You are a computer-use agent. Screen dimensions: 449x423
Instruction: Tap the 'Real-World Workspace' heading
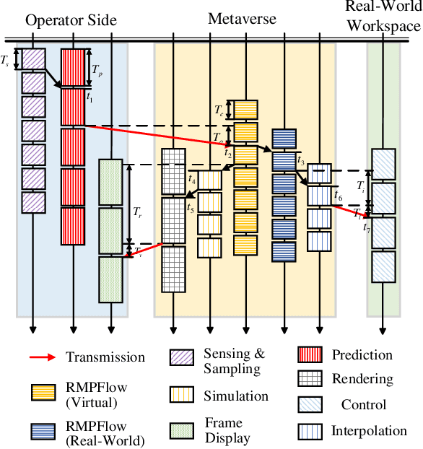[382, 17]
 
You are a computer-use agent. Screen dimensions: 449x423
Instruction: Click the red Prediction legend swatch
[308, 355]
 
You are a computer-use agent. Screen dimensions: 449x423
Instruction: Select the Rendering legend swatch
[308, 379]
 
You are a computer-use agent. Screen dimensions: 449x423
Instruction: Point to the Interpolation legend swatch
[308, 432]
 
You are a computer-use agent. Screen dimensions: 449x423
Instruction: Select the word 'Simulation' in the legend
[235, 396]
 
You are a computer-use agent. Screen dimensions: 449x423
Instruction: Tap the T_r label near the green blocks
[137, 213]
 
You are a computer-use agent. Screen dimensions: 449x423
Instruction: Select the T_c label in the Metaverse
[219, 110]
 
